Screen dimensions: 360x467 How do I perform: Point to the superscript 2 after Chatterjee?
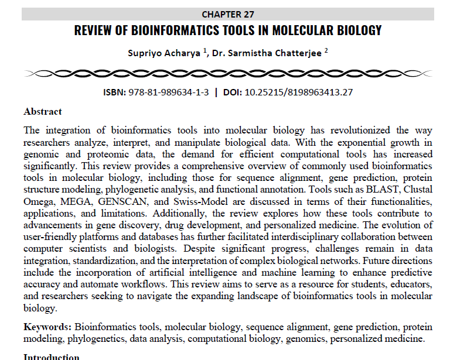click(326, 50)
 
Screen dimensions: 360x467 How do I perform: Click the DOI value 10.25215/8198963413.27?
click(298, 92)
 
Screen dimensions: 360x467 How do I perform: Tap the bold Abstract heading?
click(43, 111)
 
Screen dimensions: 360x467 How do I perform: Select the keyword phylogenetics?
click(93, 338)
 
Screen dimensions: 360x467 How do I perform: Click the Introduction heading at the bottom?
click(51, 356)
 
